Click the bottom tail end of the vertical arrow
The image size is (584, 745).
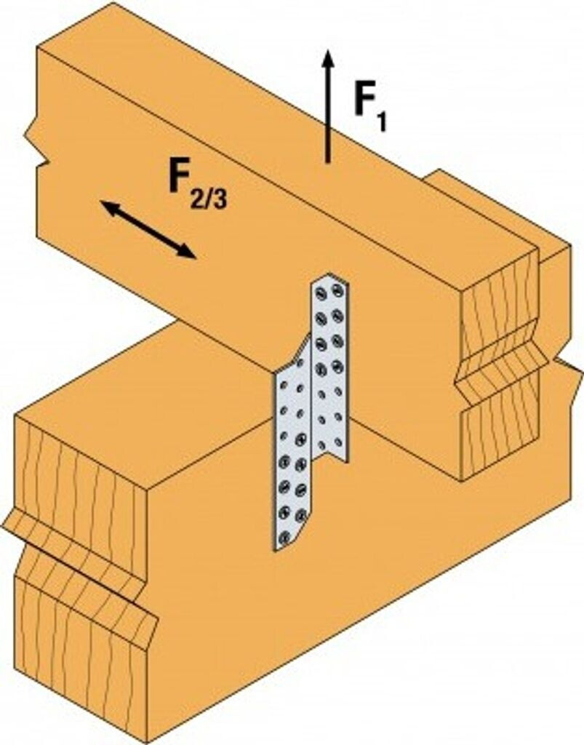coord(327,161)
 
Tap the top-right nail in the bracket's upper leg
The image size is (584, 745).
coord(337,290)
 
